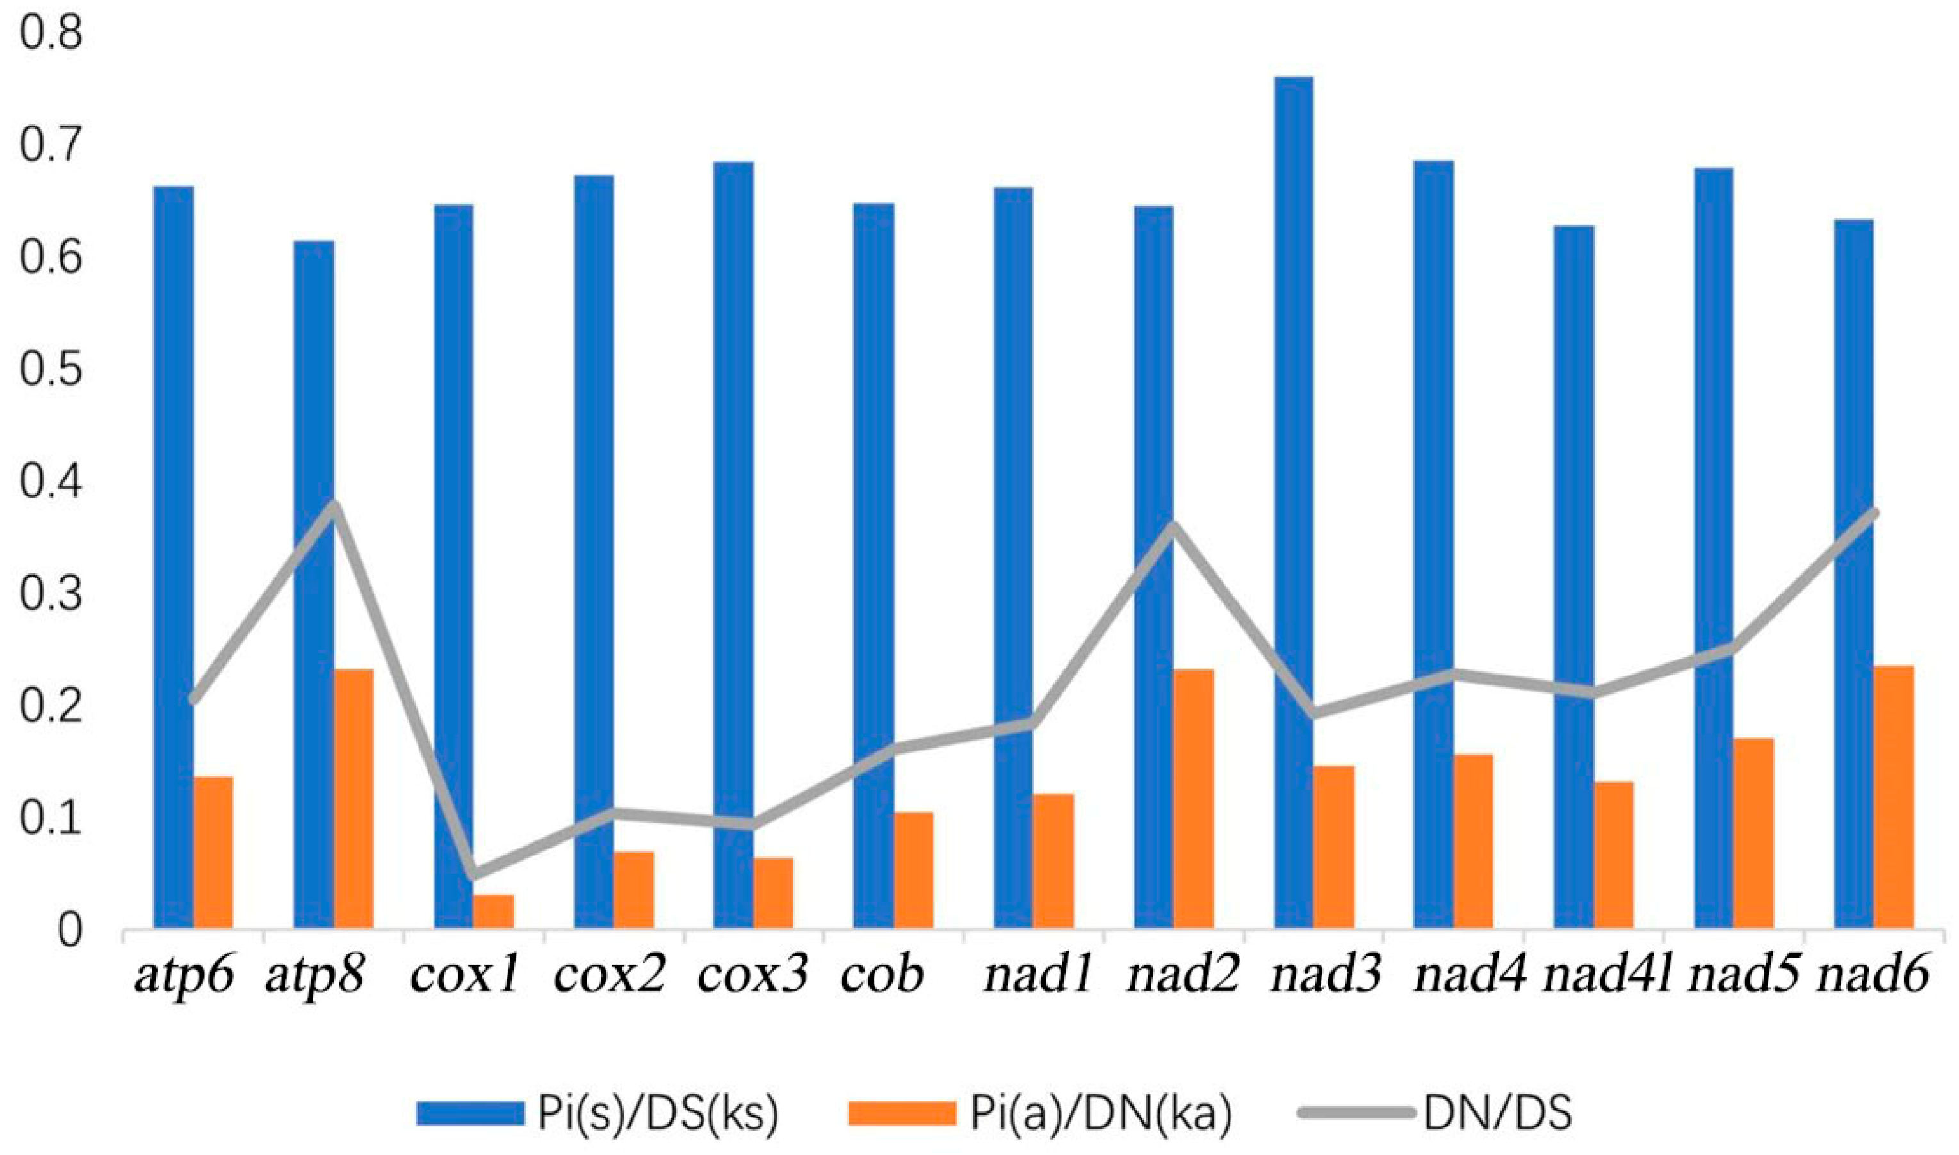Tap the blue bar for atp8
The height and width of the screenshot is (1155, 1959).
point(314,584)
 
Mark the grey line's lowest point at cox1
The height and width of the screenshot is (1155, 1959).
point(473,874)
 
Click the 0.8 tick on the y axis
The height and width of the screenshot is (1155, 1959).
point(51,36)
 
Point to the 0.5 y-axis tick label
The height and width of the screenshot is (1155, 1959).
point(51,372)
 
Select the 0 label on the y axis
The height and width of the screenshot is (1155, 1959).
point(69,931)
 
